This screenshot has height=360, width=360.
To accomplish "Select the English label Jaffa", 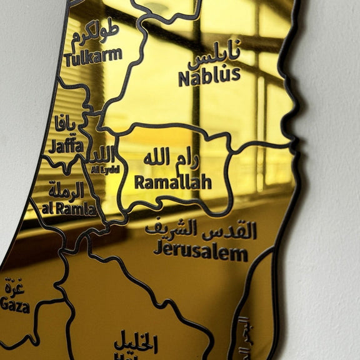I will click(x=65, y=146).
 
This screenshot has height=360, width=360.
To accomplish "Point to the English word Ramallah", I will click(x=172, y=182).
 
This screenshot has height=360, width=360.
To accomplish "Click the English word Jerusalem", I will click(x=200, y=252).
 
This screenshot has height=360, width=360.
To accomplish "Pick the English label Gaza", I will click(x=15, y=305).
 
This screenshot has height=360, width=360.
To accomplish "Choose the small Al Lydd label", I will click(x=104, y=169).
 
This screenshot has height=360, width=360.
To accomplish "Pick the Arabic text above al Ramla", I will click(x=67, y=190).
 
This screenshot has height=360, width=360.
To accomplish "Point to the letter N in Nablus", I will click(x=184, y=79).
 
